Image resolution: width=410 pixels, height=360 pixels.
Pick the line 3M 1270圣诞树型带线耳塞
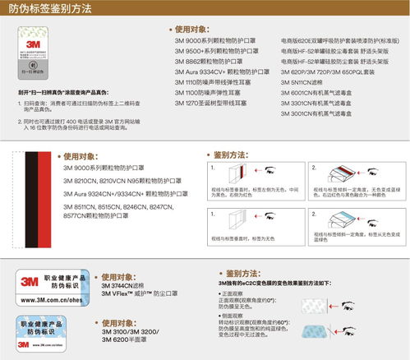point(197,105)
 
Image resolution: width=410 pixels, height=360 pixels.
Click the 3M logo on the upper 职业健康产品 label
point(28,285)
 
